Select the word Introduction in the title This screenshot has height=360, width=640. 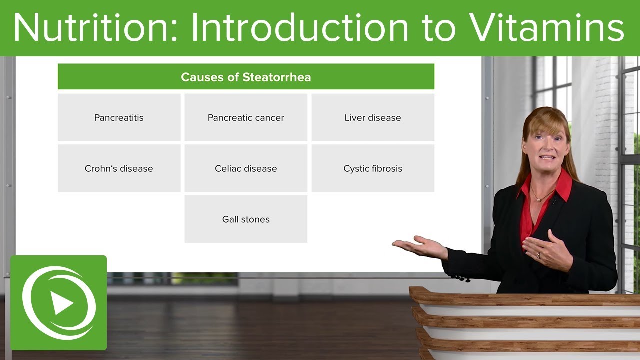[300, 27]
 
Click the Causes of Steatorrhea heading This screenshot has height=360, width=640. [246, 77]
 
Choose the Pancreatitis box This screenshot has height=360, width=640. [119, 117]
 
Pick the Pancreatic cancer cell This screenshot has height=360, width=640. [246, 117]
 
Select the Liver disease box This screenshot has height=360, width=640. [373, 117]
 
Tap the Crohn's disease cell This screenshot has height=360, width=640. [119, 168]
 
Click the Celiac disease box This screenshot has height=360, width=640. [246, 168]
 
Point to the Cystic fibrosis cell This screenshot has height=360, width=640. [373, 168]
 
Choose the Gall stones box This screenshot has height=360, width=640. [246, 219]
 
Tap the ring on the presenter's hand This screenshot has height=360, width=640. [539, 255]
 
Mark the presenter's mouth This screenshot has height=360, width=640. [547, 157]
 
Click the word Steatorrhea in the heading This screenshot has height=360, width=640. [276, 77]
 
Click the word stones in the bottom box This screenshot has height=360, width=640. [255, 219]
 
